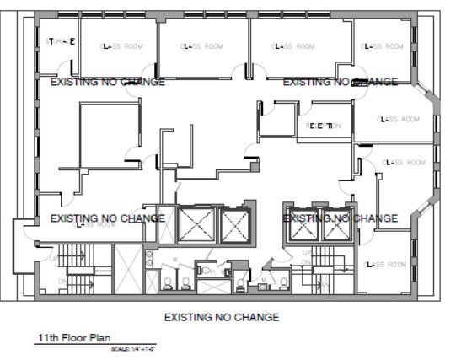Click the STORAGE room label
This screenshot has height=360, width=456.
click(x=60, y=40)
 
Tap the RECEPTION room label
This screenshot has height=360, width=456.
click(x=323, y=126)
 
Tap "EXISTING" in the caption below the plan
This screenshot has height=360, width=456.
click(x=191, y=318)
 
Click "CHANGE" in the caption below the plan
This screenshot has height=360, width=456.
click(x=257, y=318)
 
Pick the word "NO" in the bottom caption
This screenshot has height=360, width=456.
click(x=225, y=318)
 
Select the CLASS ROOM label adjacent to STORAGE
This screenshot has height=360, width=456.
click(x=118, y=46)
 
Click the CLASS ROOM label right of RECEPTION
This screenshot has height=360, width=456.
click(x=397, y=120)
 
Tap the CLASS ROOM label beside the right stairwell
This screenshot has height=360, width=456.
click(x=384, y=264)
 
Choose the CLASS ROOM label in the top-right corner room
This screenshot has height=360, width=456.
click(x=384, y=46)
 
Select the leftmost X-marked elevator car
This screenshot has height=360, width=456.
click(x=196, y=223)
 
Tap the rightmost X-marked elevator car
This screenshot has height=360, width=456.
click(x=333, y=223)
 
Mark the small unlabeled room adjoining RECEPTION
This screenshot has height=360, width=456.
click(x=273, y=119)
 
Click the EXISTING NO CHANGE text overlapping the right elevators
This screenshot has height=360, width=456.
click(x=340, y=218)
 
